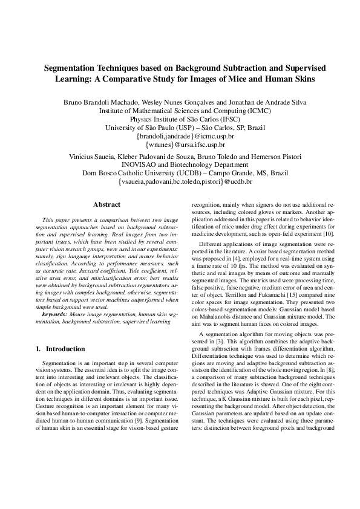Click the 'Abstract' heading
(x=106, y=205)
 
